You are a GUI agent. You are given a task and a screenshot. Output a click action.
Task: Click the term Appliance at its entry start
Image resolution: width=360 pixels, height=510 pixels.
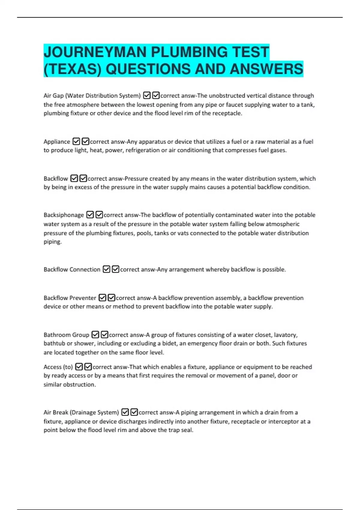57,142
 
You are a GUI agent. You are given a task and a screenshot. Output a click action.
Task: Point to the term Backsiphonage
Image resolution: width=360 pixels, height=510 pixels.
64,215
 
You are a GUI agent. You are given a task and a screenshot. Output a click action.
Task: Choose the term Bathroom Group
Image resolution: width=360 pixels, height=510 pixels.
66,335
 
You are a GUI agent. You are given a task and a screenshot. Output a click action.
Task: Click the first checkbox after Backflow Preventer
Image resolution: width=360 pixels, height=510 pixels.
102,298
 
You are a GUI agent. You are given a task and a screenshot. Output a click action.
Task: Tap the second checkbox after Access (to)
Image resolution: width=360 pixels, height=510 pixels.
88,367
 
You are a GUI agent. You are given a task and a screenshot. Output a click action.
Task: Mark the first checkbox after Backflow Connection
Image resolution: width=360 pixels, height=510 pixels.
106,269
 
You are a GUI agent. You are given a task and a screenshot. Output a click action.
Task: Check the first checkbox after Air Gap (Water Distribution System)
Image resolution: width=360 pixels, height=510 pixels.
147,96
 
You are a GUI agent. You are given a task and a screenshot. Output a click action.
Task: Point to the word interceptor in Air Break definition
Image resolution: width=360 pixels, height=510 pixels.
283,421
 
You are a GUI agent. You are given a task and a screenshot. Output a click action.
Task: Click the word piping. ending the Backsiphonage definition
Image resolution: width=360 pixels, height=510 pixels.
52,242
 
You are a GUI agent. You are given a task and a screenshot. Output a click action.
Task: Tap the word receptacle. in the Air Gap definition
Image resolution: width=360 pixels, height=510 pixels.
227,113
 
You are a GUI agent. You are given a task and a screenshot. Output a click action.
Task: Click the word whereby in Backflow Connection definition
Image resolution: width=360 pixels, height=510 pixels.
218,270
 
